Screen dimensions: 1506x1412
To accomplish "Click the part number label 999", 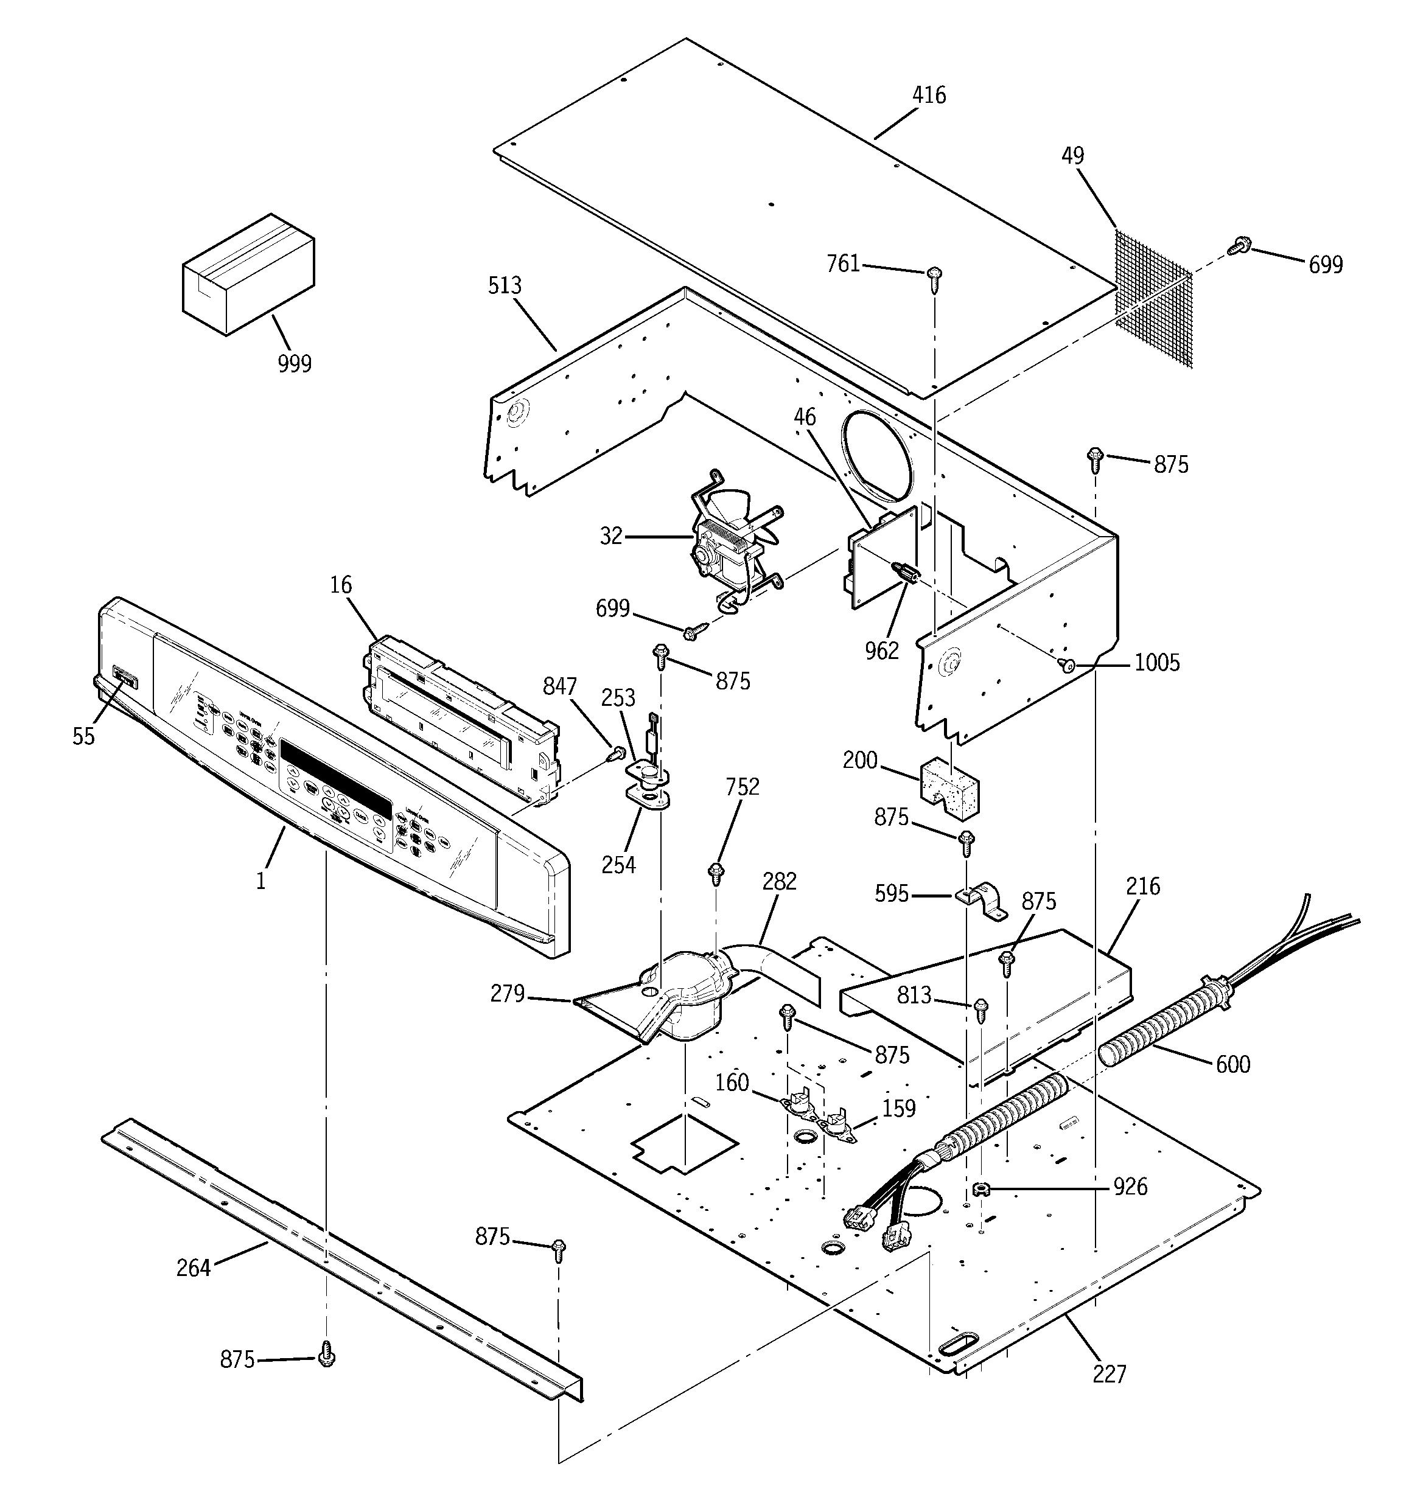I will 294,364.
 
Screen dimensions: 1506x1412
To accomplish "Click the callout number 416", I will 928,96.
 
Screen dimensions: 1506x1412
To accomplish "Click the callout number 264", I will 194,1267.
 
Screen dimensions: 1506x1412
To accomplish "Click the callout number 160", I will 732,1082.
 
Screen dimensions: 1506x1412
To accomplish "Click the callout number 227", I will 1110,1373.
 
